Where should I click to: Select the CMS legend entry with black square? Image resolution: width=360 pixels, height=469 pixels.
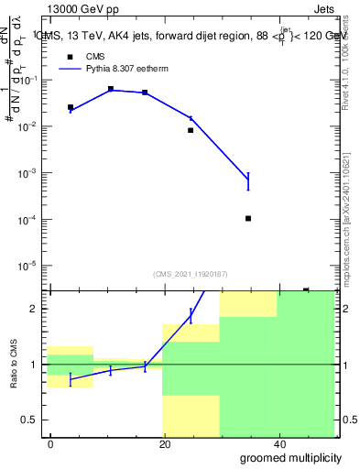click(x=88, y=56)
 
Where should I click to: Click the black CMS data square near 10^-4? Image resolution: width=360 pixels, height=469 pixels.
click(x=248, y=218)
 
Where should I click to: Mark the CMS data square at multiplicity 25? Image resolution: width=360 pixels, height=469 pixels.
click(x=191, y=130)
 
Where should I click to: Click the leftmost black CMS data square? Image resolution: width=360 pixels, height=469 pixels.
click(x=71, y=107)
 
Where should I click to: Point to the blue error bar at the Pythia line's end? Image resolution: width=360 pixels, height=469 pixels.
click(x=248, y=181)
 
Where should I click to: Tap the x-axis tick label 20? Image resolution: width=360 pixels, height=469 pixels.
click(x=164, y=443)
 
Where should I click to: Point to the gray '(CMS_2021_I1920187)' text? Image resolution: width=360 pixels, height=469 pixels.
click(x=190, y=273)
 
